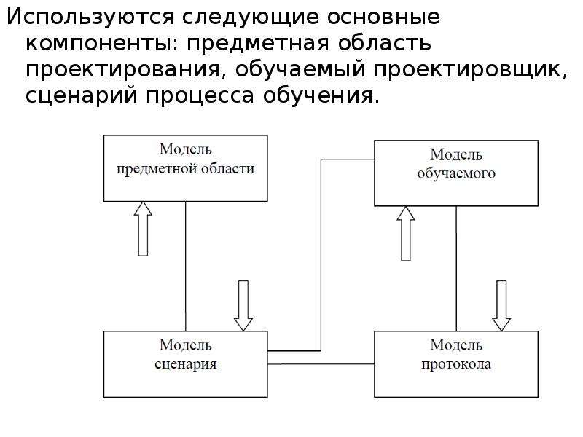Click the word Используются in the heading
tap(90, 17)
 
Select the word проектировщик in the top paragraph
tap(471, 70)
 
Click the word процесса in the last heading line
tap(200, 96)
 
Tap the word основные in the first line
tap(384, 17)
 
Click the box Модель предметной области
tap(186, 168)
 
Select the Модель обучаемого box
tap(456, 173)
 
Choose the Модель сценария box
tap(186, 364)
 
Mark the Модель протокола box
tap(456, 364)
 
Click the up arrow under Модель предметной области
tap(143, 229)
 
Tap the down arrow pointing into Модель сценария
tap(243, 305)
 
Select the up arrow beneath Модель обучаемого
tap(406, 233)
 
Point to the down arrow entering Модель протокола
tap(501, 305)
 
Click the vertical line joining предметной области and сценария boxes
tap(186, 266)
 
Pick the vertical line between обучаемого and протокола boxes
tap(456, 268)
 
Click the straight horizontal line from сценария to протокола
tap(321, 363)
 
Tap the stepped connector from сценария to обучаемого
tap(321, 256)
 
